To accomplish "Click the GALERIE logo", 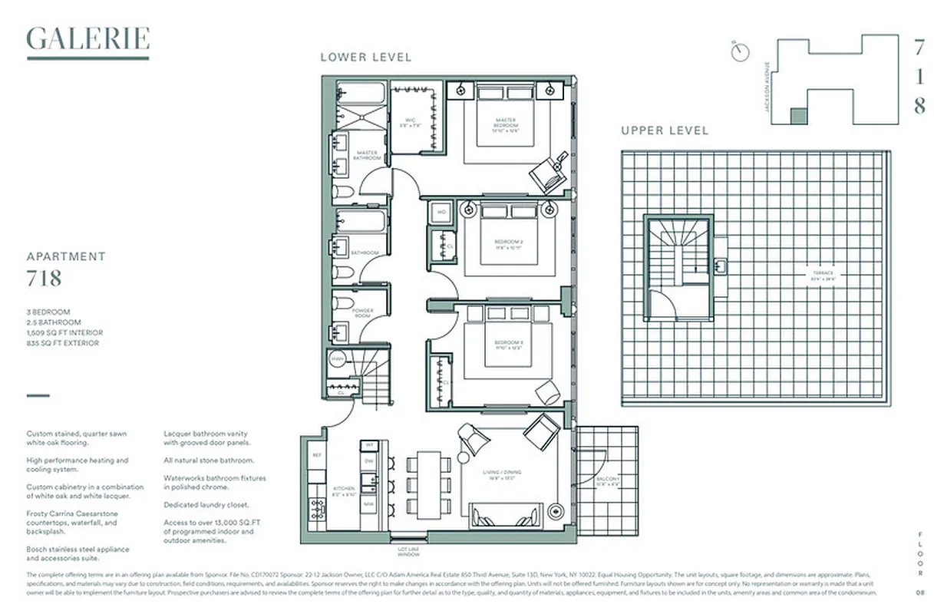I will pyautogui.click(x=87, y=40).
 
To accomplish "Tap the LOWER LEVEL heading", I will pyautogui.click(x=365, y=57).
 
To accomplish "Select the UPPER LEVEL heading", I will pyautogui.click(x=665, y=130).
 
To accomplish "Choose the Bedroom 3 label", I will pyautogui.click(x=507, y=344).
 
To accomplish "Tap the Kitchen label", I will pyautogui.click(x=343, y=490).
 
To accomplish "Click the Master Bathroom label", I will pyautogui.click(x=366, y=154).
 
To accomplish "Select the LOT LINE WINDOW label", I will pyautogui.click(x=408, y=551).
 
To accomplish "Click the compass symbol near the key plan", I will pyautogui.click(x=741, y=51).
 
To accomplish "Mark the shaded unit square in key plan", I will pyautogui.click(x=799, y=116).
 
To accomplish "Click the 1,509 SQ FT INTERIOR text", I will pyautogui.click(x=64, y=333).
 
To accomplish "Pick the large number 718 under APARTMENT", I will pyautogui.click(x=44, y=278).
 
